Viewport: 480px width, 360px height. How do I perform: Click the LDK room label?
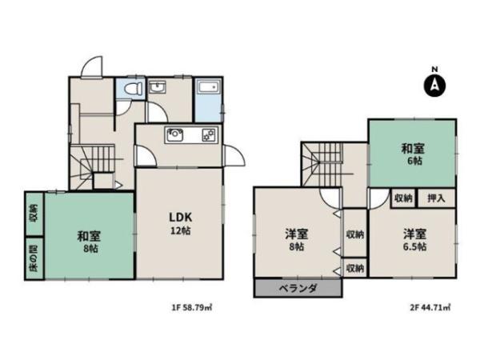pyautogui.click(x=178, y=217)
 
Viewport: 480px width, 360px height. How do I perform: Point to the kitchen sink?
pyautogui.click(x=176, y=135)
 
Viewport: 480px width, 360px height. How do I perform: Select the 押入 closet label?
pyautogui.click(x=436, y=198)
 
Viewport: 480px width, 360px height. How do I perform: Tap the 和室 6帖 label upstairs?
pyautogui.click(x=412, y=154)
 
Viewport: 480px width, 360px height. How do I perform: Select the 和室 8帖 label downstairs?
pyautogui.click(x=88, y=241)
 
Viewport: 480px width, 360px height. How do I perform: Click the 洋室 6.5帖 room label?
pyautogui.click(x=414, y=239)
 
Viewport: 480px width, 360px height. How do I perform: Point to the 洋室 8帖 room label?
pyautogui.click(x=297, y=240)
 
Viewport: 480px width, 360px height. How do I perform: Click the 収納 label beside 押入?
pyautogui.click(x=402, y=198)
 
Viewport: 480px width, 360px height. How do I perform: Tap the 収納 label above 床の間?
pyautogui.click(x=34, y=214)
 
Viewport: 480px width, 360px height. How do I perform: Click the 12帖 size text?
pyautogui.click(x=178, y=230)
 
